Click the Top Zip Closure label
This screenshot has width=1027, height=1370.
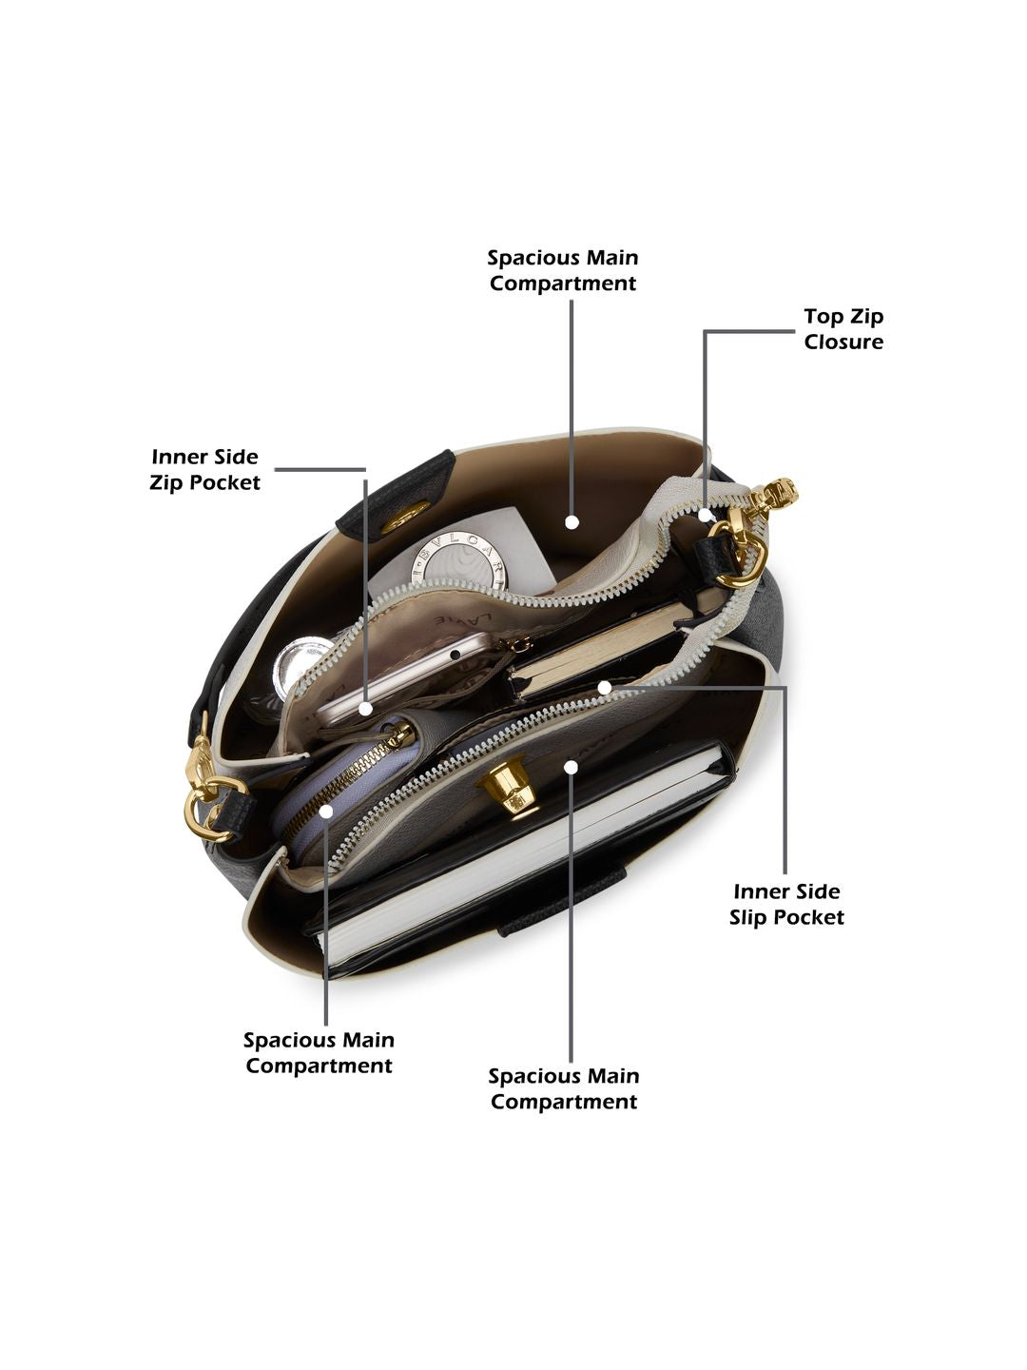click(843, 329)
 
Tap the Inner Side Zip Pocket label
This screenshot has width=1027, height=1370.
click(204, 469)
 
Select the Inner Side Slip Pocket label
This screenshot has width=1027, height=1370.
click(786, 905)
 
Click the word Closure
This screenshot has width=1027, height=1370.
click(843, 342)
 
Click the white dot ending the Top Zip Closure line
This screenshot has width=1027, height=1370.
click(706, 515)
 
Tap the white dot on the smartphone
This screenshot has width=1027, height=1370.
click(366, 709)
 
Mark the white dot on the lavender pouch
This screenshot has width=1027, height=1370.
click(326, 811)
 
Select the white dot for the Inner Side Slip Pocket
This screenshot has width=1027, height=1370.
click(604, 687)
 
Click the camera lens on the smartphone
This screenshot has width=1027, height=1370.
click(456, 654)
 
